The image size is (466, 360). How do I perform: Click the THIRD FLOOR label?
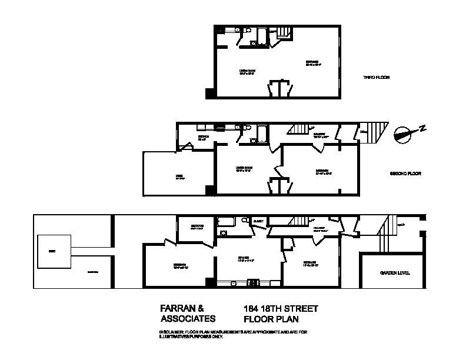pyautogui.click(x=376, y=78)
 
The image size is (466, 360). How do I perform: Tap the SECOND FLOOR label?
pyautogui.click(x=406, y=174)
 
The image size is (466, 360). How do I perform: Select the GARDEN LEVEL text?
pyautogui.click(x=395, y=273)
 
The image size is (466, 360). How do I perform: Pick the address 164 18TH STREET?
pyautogui.click(x=281, y=308)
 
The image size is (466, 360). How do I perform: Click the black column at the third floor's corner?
pyautogui.click(x=209, y=94)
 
